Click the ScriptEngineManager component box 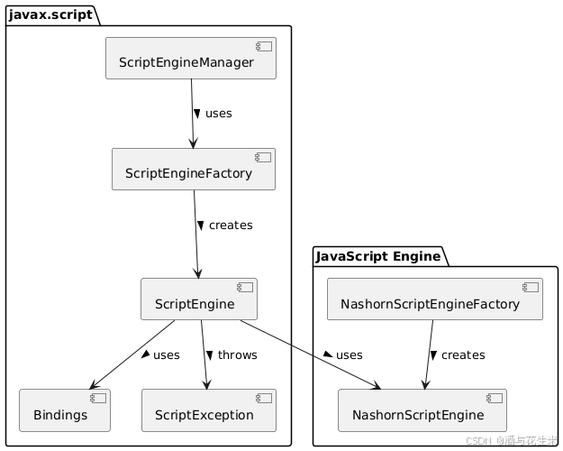click(x=190, y=59)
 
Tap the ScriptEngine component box click(x=199, y=299)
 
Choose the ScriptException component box click(x=208, y=410)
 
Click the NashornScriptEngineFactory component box click(x=434, y=299)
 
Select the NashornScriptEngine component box click(x=422, y=410)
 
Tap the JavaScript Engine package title click(x=379, y=256)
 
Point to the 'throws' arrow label click(x=237, y=355)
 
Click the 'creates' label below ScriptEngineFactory click(x=230, y=225)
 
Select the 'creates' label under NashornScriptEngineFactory click(x=462, y=355)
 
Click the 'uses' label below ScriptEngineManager click(x=218, y=114)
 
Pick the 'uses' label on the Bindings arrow click(x=166, y=355)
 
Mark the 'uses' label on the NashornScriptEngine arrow click(x=349, y=355)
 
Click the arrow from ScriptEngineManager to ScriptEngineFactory click(x=192, y=114)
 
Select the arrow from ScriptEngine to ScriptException click(x=204, y=355)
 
